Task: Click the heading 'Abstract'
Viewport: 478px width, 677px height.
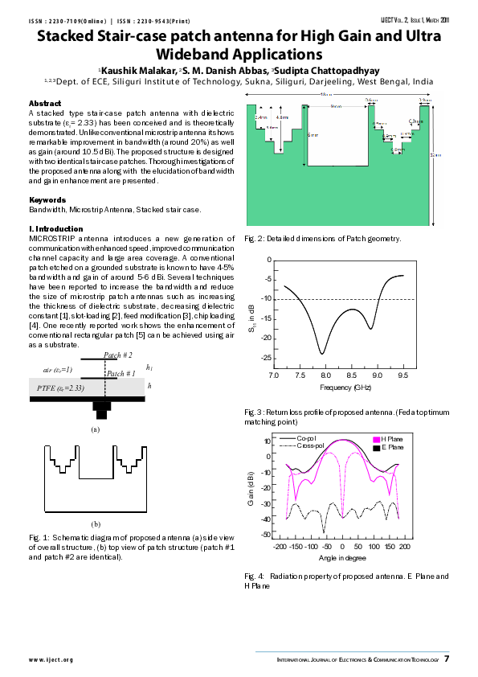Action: [x=45, y=104]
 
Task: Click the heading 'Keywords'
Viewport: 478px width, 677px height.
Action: [x=47, y=200]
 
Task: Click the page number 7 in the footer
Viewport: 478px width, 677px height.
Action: [x=447, y=659]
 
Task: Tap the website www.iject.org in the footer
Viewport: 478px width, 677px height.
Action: [x=51, y=660]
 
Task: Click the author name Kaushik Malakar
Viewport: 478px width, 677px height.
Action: [x=135, y=71]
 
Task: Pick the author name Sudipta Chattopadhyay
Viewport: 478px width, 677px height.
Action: [x=329, y=71]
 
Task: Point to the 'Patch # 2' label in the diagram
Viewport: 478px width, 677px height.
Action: [x=118, y=355]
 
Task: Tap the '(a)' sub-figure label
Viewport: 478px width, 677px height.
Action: [x=95, y=429]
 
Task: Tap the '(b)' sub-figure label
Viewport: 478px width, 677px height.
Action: [x=95, y=523]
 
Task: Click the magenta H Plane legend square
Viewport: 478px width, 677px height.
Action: [x=374, y=439]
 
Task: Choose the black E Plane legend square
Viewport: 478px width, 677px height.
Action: [x=374, y=446]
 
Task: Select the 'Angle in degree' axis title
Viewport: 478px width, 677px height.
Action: [x=343, y=557]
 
